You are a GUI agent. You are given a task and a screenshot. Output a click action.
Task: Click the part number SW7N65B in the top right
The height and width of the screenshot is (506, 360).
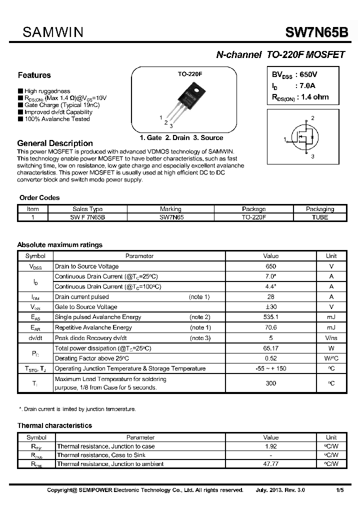pyautogui.click(x=315, y=32)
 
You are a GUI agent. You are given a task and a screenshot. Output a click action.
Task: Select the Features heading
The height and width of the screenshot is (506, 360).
pyautogui.click(x=34, y=75)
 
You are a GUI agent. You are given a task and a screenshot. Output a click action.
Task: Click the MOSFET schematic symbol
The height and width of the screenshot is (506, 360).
pyautogui.click(x=304, y=138)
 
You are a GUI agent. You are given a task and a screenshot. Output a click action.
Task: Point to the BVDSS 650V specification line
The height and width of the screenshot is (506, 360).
pyautogui.click(x=294, y=75)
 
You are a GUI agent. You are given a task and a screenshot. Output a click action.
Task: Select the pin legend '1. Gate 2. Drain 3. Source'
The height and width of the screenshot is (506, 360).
pyautogui.click(x=181, y=137)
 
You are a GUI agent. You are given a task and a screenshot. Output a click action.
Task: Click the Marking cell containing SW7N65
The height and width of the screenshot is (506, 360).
pyautogui.click(x=170, y=217)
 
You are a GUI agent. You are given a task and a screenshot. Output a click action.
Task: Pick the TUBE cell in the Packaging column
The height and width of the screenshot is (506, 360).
pyautogui.click(x=319, y=217)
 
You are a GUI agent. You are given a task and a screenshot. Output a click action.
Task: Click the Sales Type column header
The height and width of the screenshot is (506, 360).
pyautogui.click(x=87, y=209)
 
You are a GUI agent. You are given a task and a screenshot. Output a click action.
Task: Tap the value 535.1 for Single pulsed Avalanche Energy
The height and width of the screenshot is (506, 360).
pyautogui.click(x=270, y=317)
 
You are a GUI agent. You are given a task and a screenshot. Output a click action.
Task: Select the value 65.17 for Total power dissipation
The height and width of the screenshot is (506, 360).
pyautogui.click(x=270, y=348)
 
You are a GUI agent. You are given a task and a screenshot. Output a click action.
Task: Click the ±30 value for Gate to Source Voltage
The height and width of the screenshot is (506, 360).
pyautogui.click(x=270, y=307)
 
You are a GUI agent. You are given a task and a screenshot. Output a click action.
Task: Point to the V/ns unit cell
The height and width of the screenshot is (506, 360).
pyautogui.click(x=331, y=338)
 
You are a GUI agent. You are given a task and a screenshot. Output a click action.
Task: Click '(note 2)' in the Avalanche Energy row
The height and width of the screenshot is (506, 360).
pyautogui.click(x=200, y=317)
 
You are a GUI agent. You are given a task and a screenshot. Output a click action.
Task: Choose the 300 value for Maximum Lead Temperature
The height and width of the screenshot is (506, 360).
pyautogui.click(x=270, y=383)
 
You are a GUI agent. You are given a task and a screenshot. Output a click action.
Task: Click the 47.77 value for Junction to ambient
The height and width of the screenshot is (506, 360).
pyautogui.click(x=270, y=464)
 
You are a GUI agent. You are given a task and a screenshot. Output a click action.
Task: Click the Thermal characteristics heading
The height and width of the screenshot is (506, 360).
pyautogui.click(x=54, y=425)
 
